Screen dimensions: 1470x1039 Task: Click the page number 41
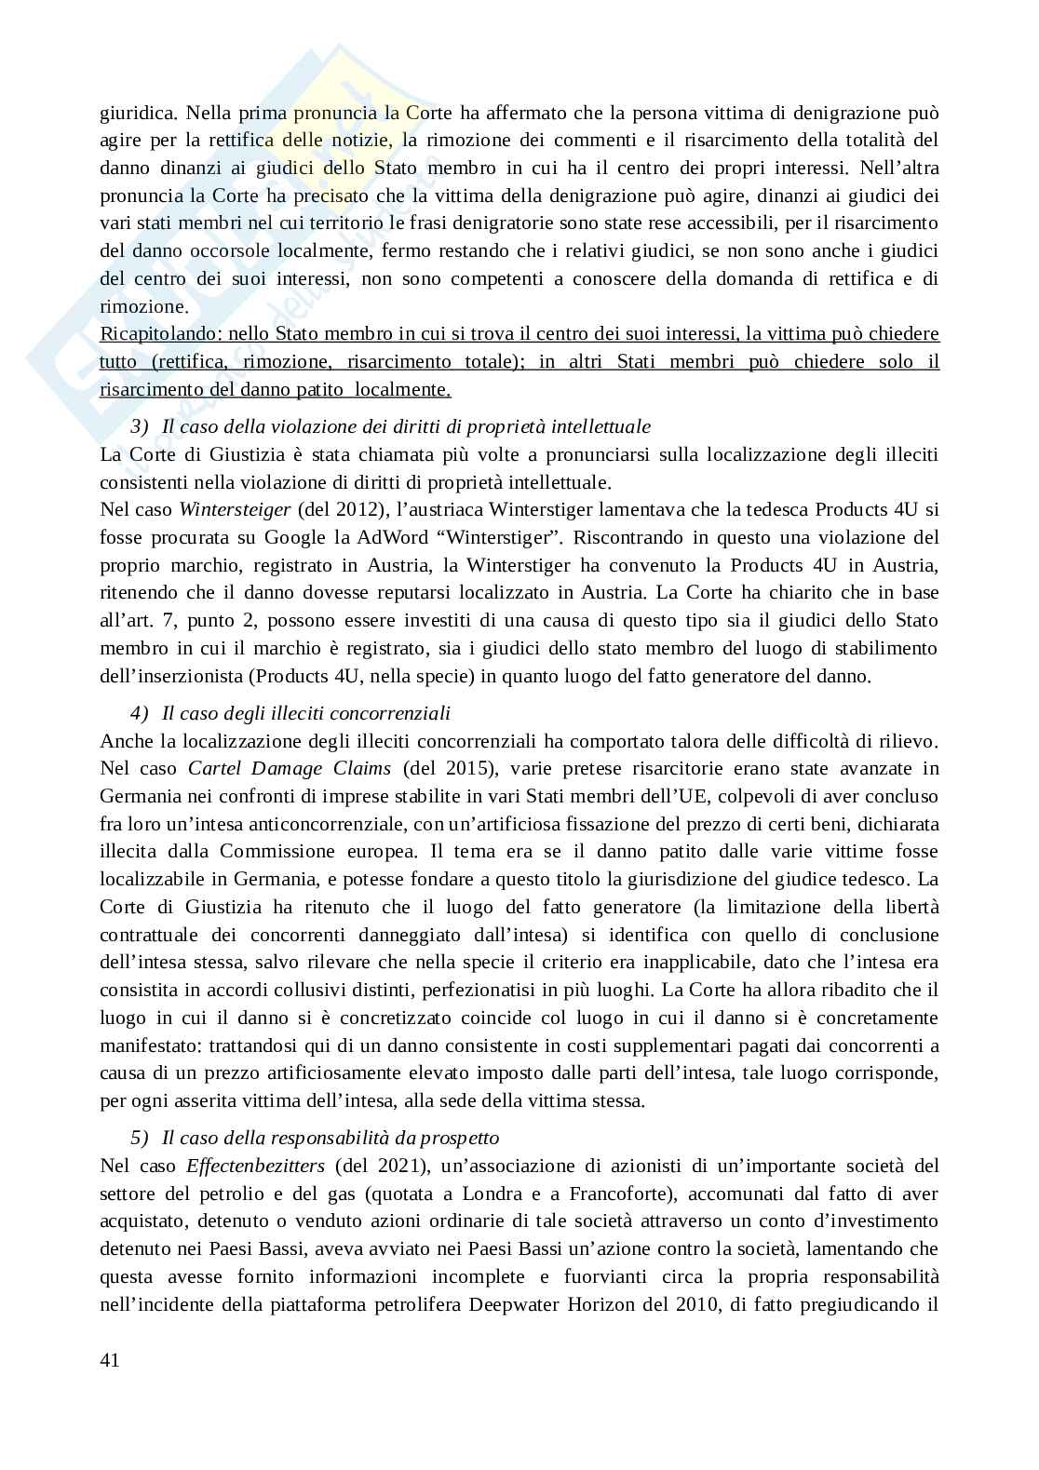(109, 1360)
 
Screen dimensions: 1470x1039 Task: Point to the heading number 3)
(140, 426)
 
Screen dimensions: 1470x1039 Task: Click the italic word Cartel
(215, 768)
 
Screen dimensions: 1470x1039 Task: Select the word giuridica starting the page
(137, 114)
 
